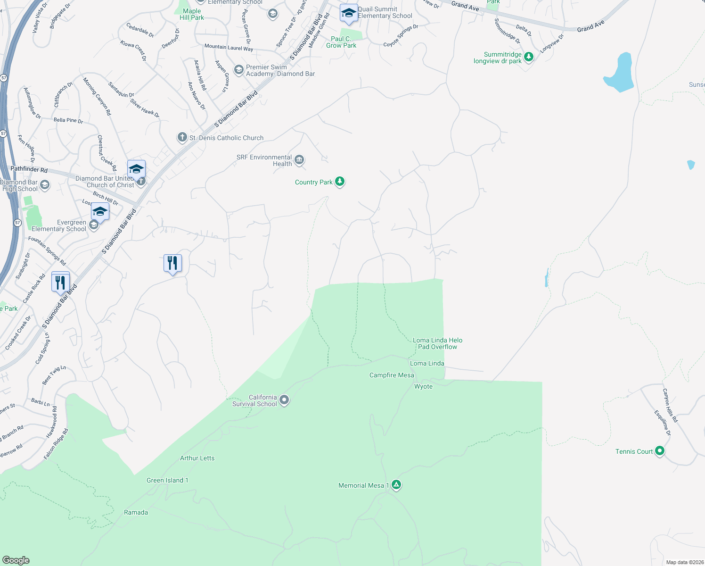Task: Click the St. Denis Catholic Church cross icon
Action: (x=182, y=137)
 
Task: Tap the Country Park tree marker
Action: (x=339, y=182)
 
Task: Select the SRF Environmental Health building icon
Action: (x=299, y=160)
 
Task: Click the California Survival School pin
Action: (x=284, y=400)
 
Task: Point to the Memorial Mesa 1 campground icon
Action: (x=396, y=485)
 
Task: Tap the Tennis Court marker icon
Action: (x=660, y=451)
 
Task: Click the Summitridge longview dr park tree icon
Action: (x=529, y=57)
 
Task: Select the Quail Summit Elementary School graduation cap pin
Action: (x=348, y=13)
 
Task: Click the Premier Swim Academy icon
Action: (x=238, y=70)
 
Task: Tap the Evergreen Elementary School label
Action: (x=59, y=225)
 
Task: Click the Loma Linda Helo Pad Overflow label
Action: (x=437, y=343)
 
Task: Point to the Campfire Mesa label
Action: (x=392, y=375)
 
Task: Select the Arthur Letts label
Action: (x=197, y=458)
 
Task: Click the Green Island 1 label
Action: (x=167, y=480)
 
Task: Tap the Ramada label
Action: (x=136, y=512)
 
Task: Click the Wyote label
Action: (x=423, y=386)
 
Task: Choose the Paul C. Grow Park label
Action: (x=341, y=42)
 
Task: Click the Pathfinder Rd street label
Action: (x=29, y=169)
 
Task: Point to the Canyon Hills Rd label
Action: (x=670, y=405)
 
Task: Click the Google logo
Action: (x=16, y=560)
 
